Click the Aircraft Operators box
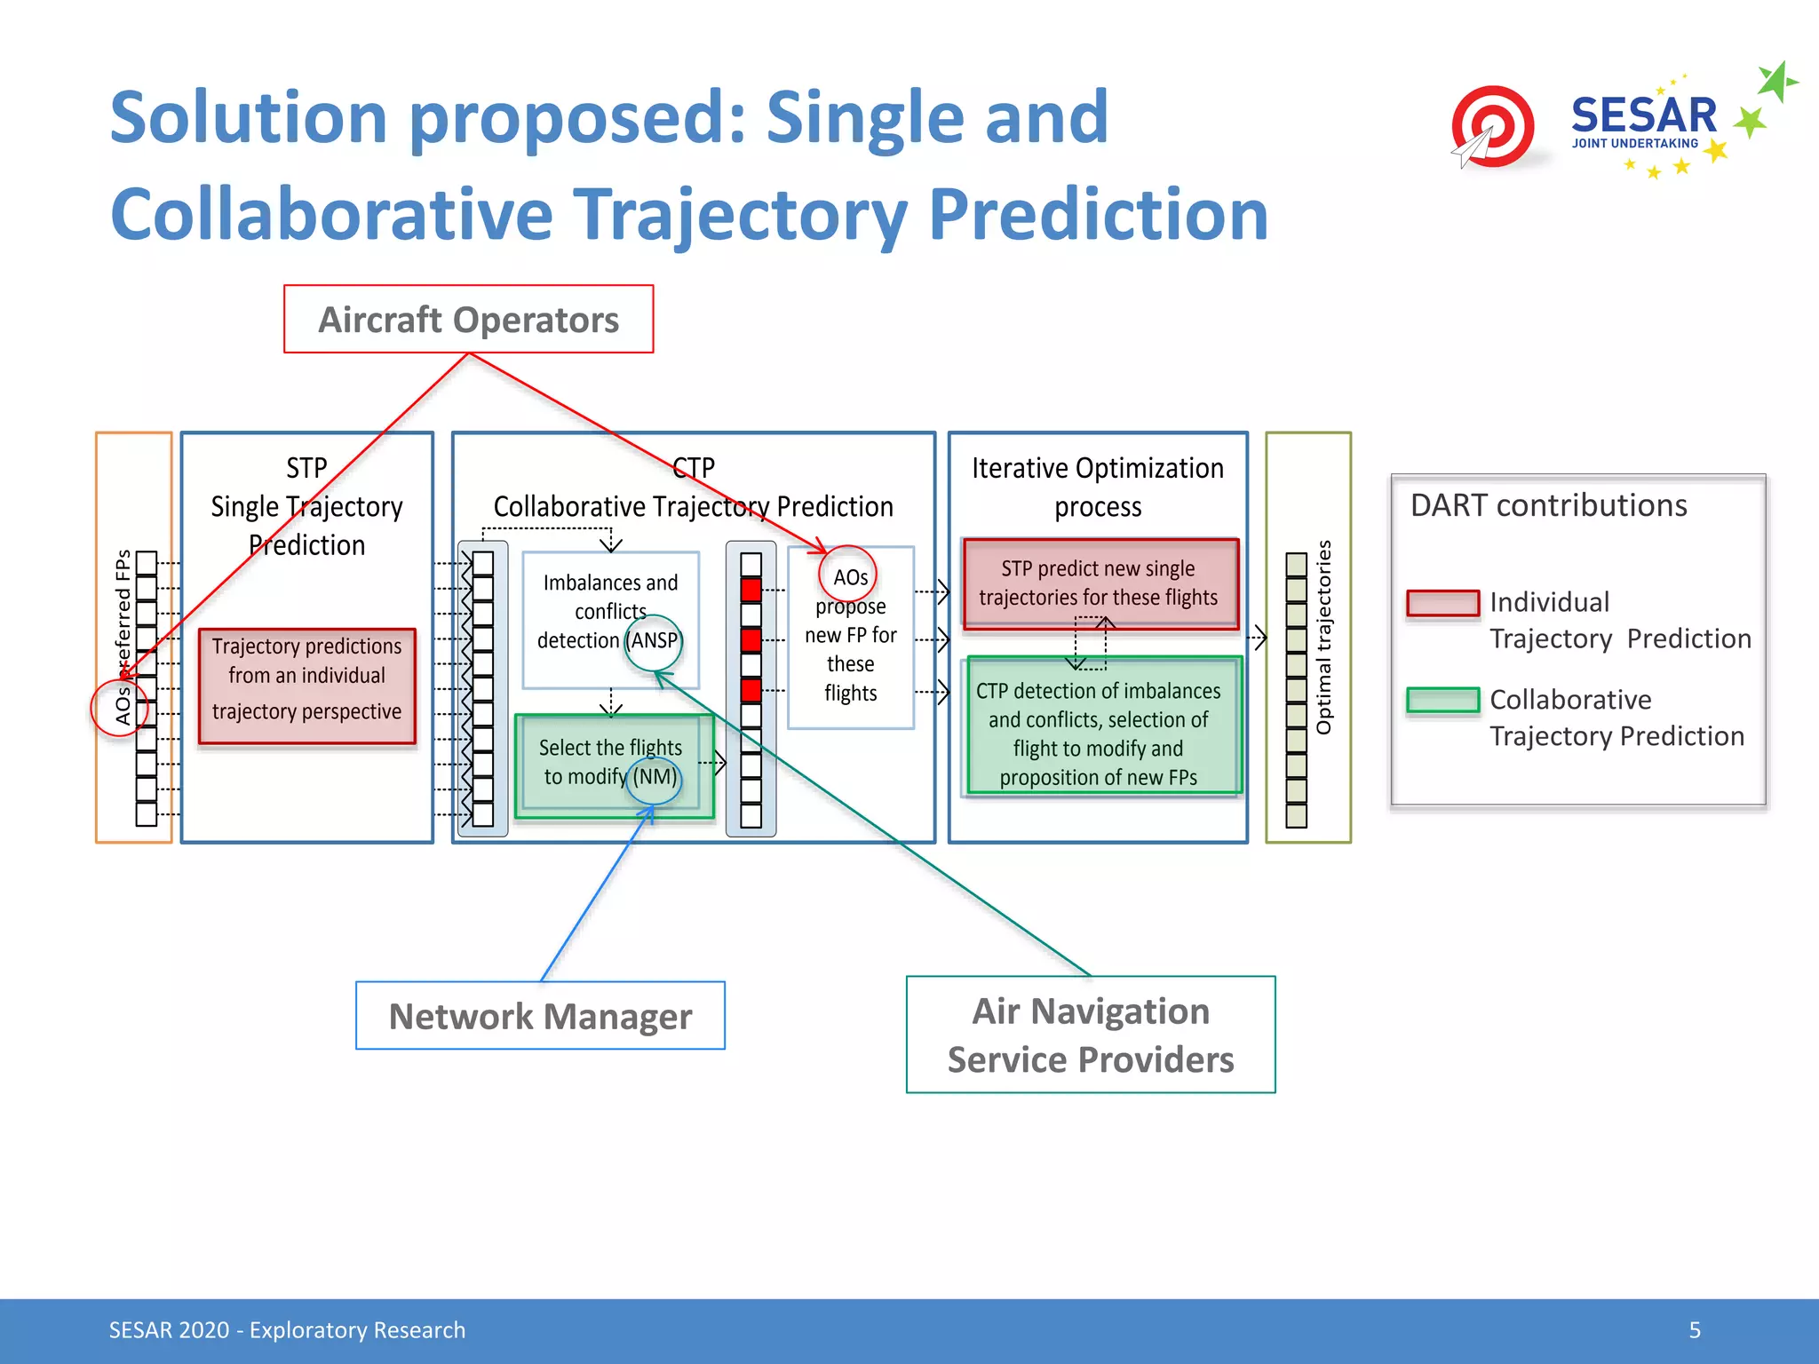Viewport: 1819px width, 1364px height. point(468,320)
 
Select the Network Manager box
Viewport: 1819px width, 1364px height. point(540,1016)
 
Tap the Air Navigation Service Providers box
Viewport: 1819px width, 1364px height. point(1091,1035)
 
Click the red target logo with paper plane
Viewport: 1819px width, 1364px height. point(1493,127)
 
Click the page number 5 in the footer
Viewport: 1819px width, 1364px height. point(1695,1329)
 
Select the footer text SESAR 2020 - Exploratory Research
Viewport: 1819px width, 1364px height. point(287,1329)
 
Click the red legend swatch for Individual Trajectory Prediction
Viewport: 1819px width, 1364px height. point(1442,603)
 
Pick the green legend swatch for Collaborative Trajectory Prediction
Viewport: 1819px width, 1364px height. point(1442,700)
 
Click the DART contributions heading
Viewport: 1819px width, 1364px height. point(1548,505)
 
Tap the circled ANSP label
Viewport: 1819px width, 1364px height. point(654,641)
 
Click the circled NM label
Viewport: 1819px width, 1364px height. point(655,777)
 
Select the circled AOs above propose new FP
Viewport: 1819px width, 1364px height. point(849,576)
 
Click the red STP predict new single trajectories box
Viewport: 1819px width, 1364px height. point(1099,583)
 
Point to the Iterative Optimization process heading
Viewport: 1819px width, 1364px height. point(1097,487)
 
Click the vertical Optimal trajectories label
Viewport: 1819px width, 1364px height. point(1323,637)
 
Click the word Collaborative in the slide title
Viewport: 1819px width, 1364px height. point(331,215)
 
